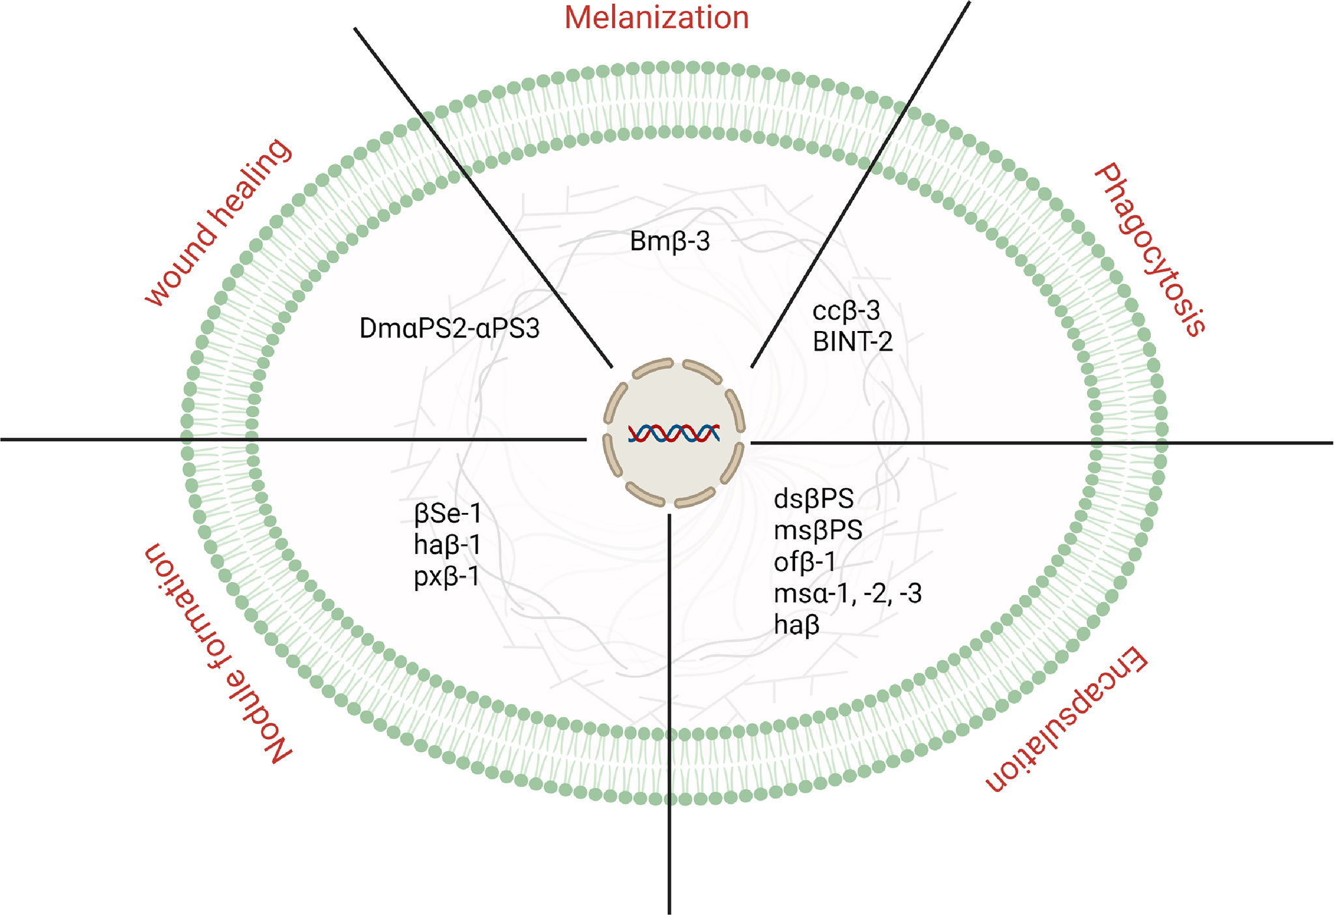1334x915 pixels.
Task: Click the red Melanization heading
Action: pos(656,18)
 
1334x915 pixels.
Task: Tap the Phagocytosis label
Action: pos(1151,250)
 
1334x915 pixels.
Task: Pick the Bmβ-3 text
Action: pos(669,242)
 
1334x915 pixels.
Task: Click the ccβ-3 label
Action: pos(846,311)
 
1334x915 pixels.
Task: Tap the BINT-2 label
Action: pos(852,341)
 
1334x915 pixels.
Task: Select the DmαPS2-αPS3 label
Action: pos(449,328)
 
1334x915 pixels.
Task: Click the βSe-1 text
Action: pos(448,514)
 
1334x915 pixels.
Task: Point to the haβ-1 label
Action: pos(447,545)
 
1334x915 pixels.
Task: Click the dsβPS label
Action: pos(813,499)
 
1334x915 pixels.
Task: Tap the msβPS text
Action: pos(818,530)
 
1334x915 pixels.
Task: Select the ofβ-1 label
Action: pos(804,562)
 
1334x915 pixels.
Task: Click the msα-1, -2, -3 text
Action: pos(847,594)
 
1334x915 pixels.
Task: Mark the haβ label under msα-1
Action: pos(796,625)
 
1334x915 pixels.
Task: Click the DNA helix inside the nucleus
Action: pos(674,433)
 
